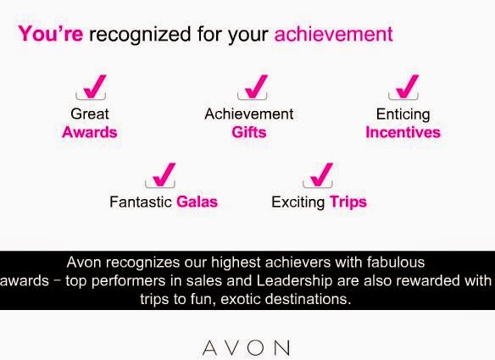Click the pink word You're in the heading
pyautogui.click(x=51, y=33)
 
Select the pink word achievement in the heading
pyautogui.click(x=334, y=33)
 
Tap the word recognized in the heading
pyautogui.click(x=140, y=35)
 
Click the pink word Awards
pyautogui.click(x=90, y=132)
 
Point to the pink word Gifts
pyautogui.click(x=249, y=132)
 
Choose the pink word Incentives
pyautogui.click(x=403, y=132)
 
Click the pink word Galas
pyautogui.click(x=197, y=202)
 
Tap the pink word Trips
pyautogui.click(x=348, y=202)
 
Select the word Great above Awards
pyautogui.click(x=90, y=114)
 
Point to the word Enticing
pyautogui.click(x=403, y=115)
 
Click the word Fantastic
pyautogui.click(x=141, y=202)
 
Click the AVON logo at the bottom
pyautogui.click(x=246, y=347)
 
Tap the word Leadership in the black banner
pyautogui.click(x=294, y=281)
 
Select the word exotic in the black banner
pyautogui.click(x=240, y=299)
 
